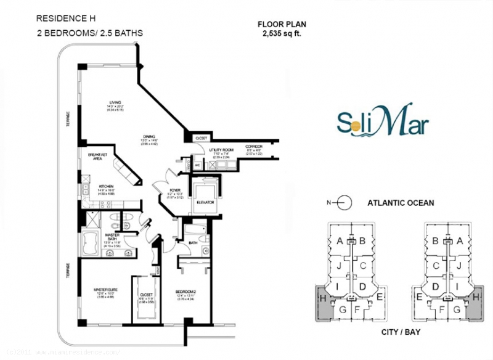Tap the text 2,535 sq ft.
(281, 34)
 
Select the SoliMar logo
(383, 121)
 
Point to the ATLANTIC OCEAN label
(401, 202)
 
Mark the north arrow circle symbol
(344, 202)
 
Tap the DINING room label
(149, 136)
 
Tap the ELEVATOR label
(206, 202)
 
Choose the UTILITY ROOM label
(221, 150)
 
